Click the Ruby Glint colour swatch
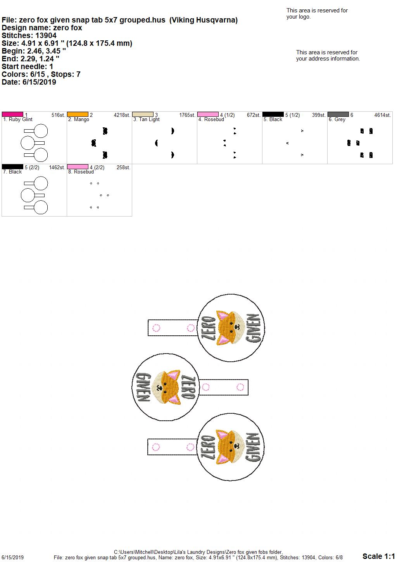point(12,114)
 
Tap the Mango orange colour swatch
point(78,114)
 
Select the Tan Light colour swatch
point(143,114)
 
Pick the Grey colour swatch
point(338,114)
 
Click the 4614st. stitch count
point(383,115)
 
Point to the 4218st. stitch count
point(122,115)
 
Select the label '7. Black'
point(12,172)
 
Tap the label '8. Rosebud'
point(81,172)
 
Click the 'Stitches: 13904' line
point(29,35)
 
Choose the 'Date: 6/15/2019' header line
point(29,82)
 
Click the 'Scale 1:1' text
point(379,556)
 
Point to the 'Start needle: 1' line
point(27,66)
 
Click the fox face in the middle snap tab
point(166,387)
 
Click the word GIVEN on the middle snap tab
point(143,387)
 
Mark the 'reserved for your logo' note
point(317,14)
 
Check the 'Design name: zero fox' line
point(42,28)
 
